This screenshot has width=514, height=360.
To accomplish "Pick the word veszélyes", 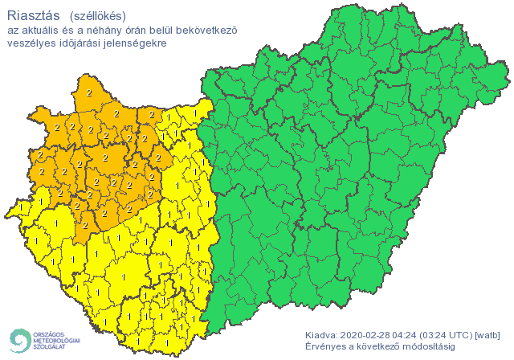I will click(31, 43).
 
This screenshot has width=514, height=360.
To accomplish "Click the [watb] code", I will click(489, 334).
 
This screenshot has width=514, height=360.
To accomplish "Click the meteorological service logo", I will click(44, 341).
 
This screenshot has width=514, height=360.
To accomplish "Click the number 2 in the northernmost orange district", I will click(88, 93).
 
